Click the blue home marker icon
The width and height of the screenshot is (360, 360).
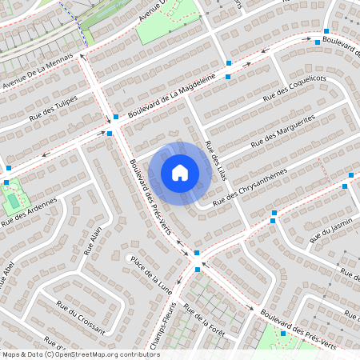[180, 173]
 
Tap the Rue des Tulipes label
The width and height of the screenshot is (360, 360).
[53, 109]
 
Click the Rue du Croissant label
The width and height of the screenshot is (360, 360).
[81, 316]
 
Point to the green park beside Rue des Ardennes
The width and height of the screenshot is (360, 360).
[12, 194]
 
